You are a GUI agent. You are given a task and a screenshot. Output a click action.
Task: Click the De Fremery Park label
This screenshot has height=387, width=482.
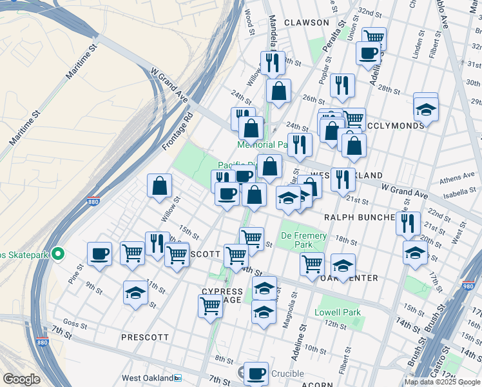click(x=296, y=239)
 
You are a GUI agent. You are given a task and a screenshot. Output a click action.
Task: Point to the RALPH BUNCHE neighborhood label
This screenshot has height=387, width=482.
click(x=358, y=217)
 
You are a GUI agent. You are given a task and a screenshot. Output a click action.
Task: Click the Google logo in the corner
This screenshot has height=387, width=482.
click(x=21, y=379)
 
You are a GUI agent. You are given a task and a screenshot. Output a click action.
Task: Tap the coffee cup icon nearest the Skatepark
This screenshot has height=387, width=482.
click(x=100, y=253)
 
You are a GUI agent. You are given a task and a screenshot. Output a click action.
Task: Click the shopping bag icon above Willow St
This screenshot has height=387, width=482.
click(x=159, y=186)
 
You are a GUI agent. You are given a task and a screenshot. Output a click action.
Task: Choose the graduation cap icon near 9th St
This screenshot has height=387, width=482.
click(x=135, y=293)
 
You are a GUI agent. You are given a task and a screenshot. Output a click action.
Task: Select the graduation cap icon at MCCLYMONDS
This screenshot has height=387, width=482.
click(x=425, y=110)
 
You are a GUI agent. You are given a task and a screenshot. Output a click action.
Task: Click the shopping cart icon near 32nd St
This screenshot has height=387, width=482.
click(x=374, y=37)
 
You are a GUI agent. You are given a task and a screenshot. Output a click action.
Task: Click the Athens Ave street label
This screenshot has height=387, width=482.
click(x=456, y=179)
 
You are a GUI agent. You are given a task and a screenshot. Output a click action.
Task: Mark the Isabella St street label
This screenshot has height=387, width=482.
click(x=460, y=192)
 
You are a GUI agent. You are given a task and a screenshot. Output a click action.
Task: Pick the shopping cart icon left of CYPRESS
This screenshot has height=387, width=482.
click(x=210, y=307)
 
